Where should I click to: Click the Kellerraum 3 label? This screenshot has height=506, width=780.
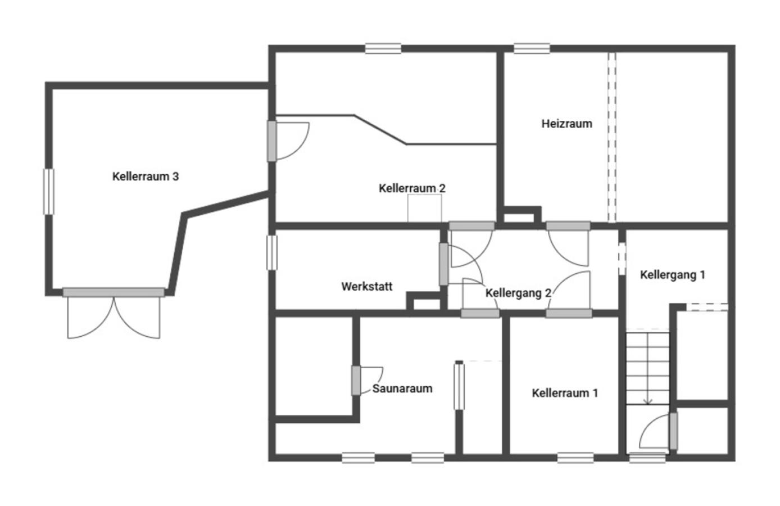(146, 177)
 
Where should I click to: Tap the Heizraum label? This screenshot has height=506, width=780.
(567, 124)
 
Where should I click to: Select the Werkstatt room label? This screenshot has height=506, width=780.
(366, 287)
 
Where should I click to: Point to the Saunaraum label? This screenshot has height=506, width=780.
(402, 388)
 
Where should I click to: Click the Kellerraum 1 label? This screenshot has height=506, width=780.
(565, 393)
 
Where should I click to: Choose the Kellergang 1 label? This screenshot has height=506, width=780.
(673, 274)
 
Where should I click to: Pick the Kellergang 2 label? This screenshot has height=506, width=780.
(519, 293)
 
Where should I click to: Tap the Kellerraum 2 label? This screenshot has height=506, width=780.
(412, 188)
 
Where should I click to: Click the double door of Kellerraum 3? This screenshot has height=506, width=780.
(114, 313)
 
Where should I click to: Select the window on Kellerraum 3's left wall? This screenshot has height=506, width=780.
(49, 192)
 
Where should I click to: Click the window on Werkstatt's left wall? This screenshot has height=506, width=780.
(272, 252)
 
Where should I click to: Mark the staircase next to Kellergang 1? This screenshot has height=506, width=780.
(648, 368)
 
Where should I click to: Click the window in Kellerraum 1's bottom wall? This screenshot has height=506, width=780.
(575, 458)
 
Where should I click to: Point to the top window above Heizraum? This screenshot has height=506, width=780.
(532, 48)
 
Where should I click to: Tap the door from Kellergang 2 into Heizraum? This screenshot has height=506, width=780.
(568, 244)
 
